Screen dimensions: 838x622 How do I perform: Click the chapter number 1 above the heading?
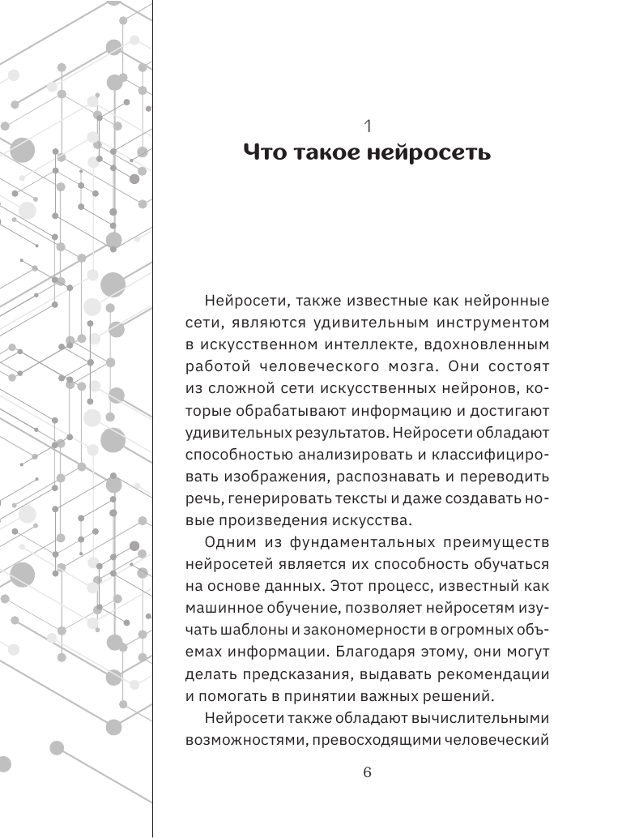tap(367, 126)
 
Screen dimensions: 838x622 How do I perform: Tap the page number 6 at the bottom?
tap(367, 772)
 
